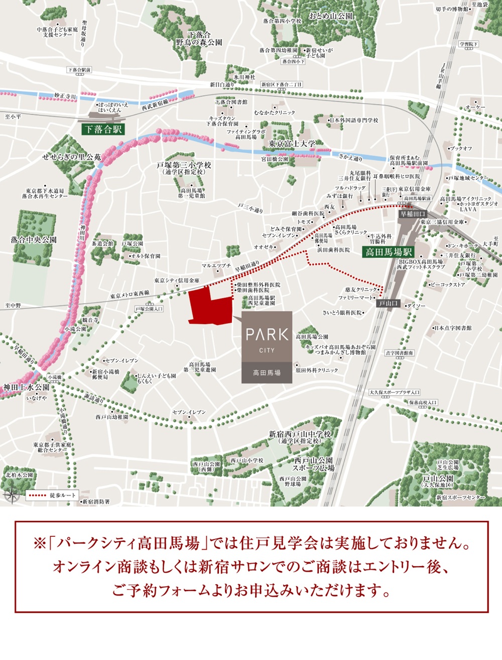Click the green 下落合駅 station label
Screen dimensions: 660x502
point(103,129)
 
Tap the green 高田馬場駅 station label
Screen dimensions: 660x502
point(388,252)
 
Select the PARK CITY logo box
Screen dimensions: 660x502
point(267,347)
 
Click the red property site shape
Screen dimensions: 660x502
point(208,305)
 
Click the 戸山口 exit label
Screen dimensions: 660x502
point(388,304)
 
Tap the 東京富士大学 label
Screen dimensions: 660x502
point(292,144)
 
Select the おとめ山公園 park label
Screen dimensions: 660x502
point(331,16)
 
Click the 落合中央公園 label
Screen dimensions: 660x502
point(34,240)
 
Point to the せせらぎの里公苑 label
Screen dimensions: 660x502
point(71,157)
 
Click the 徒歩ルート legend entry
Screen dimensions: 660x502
point(52,495)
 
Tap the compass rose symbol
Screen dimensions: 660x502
point(11,495)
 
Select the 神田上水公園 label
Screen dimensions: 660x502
point(27,387)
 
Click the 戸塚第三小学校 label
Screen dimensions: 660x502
point(184,165)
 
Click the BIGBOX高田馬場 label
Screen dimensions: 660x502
point(421,262)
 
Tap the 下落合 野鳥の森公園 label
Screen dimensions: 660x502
point(198,39)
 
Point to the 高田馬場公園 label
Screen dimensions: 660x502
point(312,337)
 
